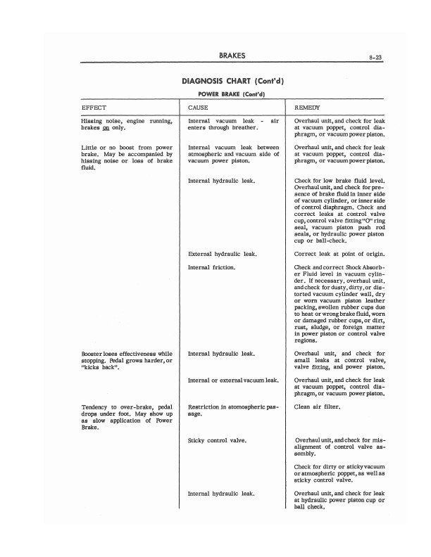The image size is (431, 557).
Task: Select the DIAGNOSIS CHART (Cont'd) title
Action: click(x=232, y=80)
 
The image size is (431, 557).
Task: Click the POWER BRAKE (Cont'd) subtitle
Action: click(x=232, y=94)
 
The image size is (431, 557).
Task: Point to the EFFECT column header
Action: click(x=94, y=107)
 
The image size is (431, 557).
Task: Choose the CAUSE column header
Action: click(x=198, y=107)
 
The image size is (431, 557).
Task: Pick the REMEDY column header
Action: click(x=308, y=107)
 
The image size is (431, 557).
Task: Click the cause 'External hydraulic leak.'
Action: click(x=221, y=253)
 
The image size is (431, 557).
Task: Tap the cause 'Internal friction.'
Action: click(x=211, y=268)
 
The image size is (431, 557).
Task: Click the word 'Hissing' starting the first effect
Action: click(x=93, y=122)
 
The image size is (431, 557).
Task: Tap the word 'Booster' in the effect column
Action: click(x=95, y=353)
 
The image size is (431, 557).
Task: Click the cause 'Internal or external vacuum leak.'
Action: click(x=234, y=380)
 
